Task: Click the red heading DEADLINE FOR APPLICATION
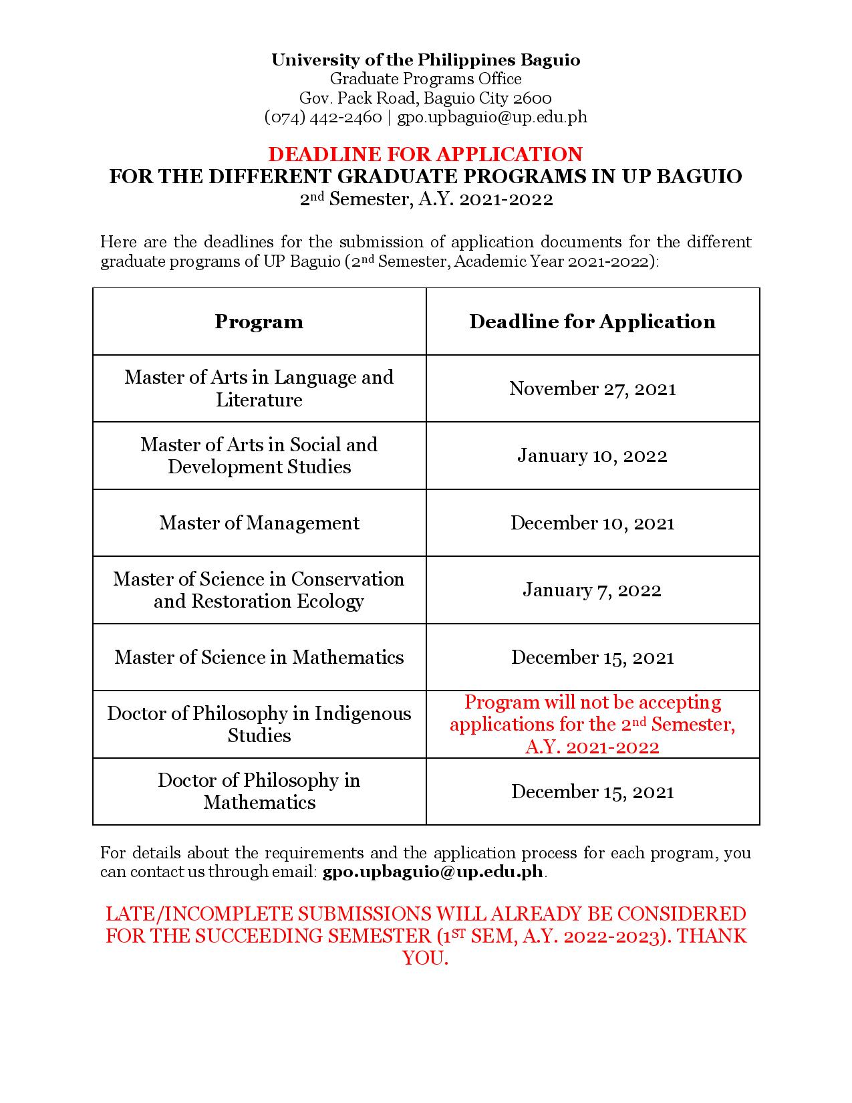pyautogui.click(x=425, y=154)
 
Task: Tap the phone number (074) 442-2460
pyautogui.click(x=323, y=117)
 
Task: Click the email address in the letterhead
pyautogui.click(x=492, y=117)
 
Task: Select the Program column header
pyautogui.click(x=259, y=322)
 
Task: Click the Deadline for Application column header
pyautogui.click(x=592, y=322)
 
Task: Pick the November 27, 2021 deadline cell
pyautogui.click(x=592, y=388)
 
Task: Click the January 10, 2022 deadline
pyautogui.click(x=592, y=456)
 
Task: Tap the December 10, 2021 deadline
pyautogui.click(x=592, y=523)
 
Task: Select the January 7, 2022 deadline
pyautogui.click(x=592, y=590)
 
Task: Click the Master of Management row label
pyautogui.click(x=259, y=523)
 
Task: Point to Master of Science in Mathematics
pyautogui.click(x=259, y=657)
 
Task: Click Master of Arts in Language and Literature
pyautogui.click(x=259, y=388)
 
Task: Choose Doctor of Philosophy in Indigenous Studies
pyautogui.click(x=259, y=724)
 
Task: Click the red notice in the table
pyautogui.click(x=592, y=724)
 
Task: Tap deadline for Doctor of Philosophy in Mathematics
pyautogui.click(x=592, y=791)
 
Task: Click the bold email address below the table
pyautogui.click(x=433, y=872)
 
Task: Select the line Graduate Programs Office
pyautogui.click(x=426, y=79)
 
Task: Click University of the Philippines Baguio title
pyautogui.click(x=426, y=60)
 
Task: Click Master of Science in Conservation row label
pyautogui.click(x=259, y=590)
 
